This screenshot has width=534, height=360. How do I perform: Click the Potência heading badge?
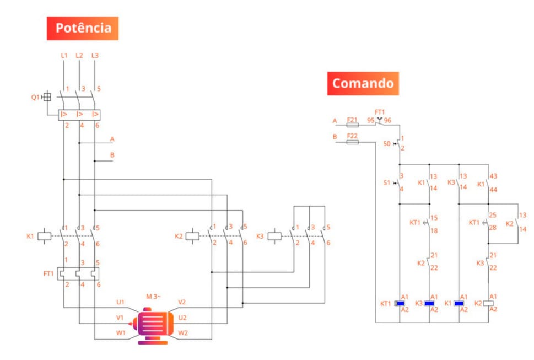point(83,28)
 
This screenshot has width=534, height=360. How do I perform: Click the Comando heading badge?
point(363,83)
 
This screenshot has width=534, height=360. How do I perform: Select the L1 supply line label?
point(64,56)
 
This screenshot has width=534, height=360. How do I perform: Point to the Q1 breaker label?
point(35,97)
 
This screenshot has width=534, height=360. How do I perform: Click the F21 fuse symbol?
point(352,125)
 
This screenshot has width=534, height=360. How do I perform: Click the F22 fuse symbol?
point(352,142)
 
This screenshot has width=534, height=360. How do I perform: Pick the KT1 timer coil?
point(401,303)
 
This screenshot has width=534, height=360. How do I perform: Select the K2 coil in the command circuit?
point(488,303)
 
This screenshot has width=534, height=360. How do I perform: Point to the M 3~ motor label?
point(154,297)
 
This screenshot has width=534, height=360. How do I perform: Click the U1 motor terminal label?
point(120,302)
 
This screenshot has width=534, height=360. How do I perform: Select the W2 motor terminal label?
point(183,332)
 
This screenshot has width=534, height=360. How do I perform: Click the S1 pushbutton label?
point(386,182)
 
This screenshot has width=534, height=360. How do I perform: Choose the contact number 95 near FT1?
point(371,120)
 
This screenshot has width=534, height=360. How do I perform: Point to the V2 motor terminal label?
point(182,302)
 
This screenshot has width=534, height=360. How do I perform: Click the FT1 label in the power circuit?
point(48,273)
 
